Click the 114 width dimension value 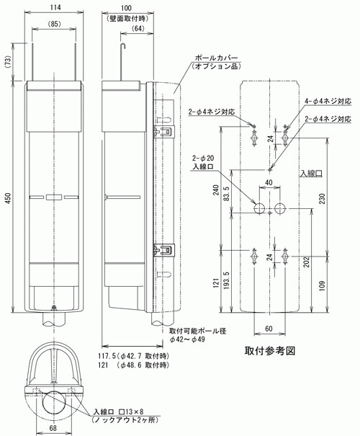pos(55,7)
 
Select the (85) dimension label pos(55,24)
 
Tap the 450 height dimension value pos(9,198)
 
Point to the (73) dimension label pos(9,62)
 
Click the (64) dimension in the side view pos(138,28)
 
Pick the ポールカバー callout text pos(217,58)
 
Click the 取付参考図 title pos(270,351)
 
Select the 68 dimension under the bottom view pos(53,428)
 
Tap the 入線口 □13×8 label pos(119,411)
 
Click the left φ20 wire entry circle pos(259,208)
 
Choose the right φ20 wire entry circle pos(280,208)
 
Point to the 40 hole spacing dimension pos(269,182)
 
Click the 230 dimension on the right pos(322,198)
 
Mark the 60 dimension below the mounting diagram pos(269,329)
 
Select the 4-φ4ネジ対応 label pos(328,101)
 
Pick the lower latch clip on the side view pos(164,249)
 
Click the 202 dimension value pos(307,262)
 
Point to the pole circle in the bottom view pos(54,401)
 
